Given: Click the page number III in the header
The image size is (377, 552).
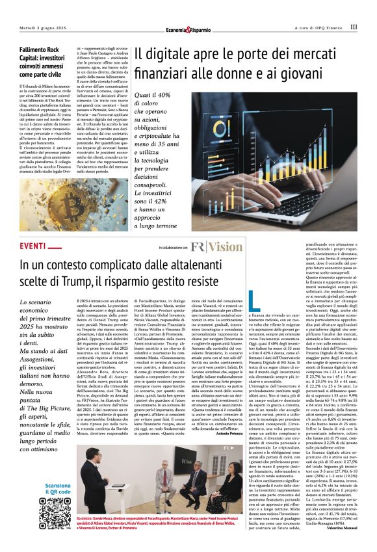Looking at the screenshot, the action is [x=354, y=27].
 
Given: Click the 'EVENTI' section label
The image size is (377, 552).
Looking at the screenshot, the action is [x=33, y=246].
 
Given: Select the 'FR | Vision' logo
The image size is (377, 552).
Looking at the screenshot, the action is [x=216, y=247].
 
